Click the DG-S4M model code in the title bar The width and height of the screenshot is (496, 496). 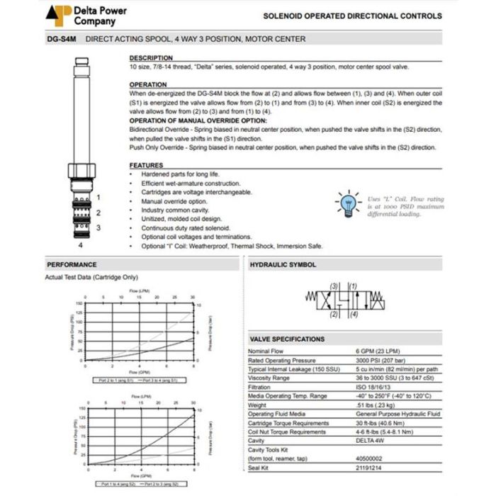tap(60, 39)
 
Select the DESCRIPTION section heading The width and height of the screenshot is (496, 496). tap(151, 58)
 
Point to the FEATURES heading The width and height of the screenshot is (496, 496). tap(146, 165)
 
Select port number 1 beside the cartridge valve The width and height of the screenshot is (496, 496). tap(98, 197)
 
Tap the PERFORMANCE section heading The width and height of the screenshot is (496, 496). tap(72, 264)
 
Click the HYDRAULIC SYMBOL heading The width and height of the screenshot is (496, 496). tap(283, 264)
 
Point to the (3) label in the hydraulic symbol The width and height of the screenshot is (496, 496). tap(334, 284)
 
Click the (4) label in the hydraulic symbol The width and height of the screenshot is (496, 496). tap(354, 314)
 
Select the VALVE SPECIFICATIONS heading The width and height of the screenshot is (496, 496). tap(287, 339)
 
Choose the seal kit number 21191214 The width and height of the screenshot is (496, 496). tap(369, 468)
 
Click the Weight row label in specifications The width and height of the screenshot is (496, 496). tap(259, 405)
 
